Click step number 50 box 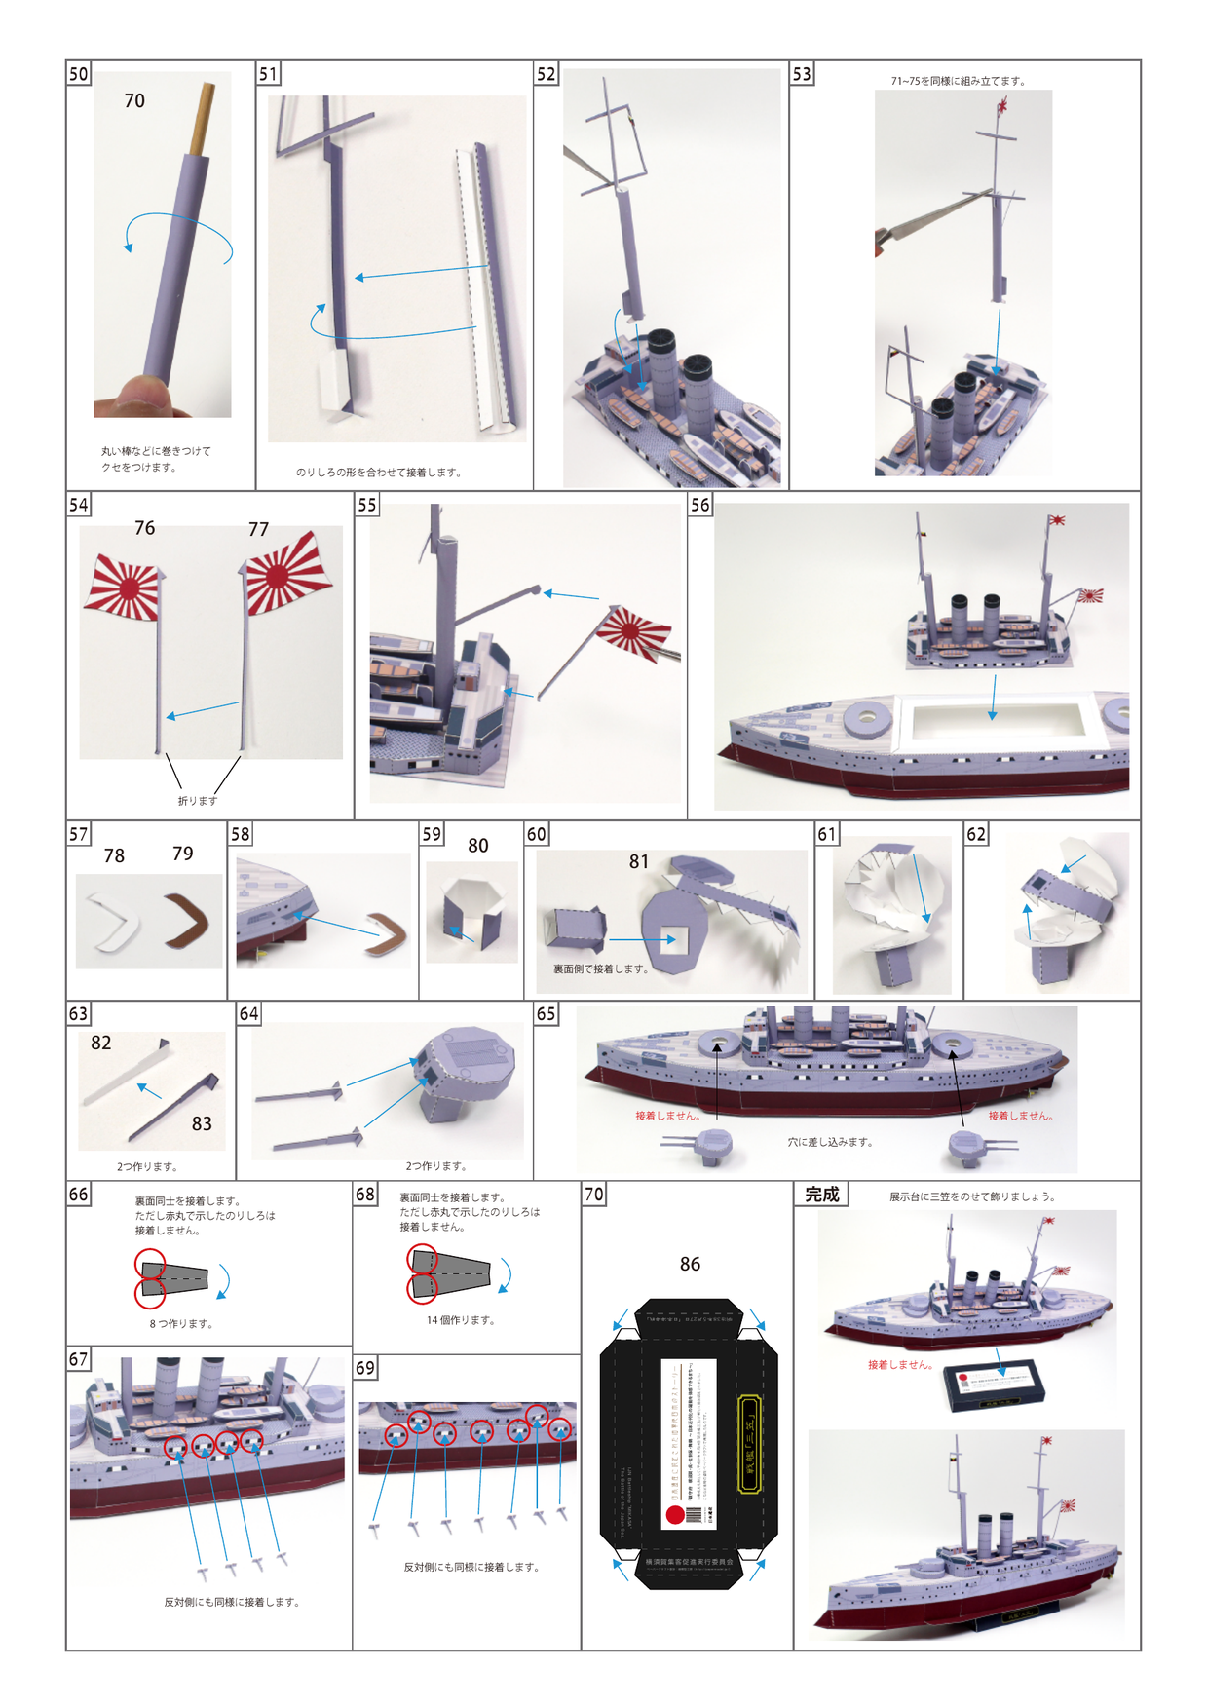coord(78,74)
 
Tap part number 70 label coord(134,101)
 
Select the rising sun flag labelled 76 coord(125,587)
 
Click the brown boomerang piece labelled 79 coord(192,921)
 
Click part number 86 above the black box coord(690,1264)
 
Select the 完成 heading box coord(821,1195)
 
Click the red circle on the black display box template coord(675,1515)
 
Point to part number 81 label coord(638,861)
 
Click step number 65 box coord(546,1014)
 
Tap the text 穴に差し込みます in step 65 coord(830,1142)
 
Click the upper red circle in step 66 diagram coord(150,1264)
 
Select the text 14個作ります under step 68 coord(461,1320)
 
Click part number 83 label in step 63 coord(202,1123)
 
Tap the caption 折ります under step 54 coord(198,801)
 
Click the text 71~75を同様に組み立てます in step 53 coord(958,81)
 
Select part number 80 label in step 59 coord(477,846)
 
